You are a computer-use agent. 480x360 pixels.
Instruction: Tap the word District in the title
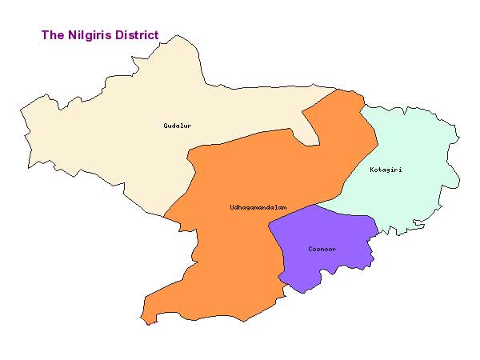pyautogui.click(x=133, y=35)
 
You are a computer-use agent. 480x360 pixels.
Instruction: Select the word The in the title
pyautogui.click(x=52, y=35)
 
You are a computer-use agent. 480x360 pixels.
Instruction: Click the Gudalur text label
pyautogui.click(x=177, y=126)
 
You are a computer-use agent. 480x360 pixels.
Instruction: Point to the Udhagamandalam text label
pyautogui.click(x=258, y=208)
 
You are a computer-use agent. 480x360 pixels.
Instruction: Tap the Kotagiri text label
pyautogui.click(x=386, y=170)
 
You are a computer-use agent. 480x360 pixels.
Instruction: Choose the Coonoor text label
pyautogui.click(x=322, y=249)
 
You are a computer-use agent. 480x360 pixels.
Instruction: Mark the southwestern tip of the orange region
pyautogui.click(x=145, y=322)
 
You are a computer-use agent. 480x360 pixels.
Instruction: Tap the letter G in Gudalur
pyautogui.click(x=165, y=126)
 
